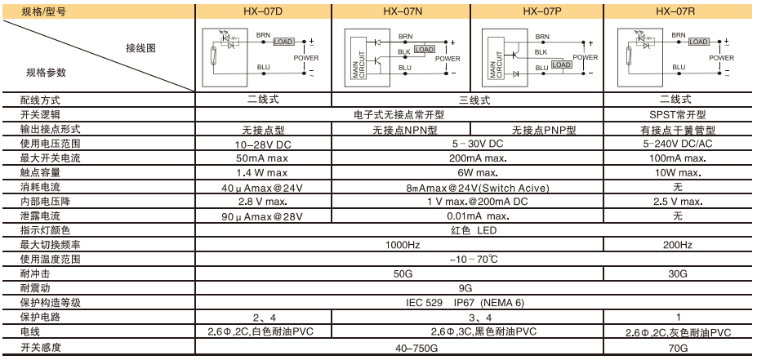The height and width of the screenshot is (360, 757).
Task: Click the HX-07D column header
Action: pos(263,11)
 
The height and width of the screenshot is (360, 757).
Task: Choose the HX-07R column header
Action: pos(677,11)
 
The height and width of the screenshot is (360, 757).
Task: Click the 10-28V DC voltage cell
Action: pos(263,144)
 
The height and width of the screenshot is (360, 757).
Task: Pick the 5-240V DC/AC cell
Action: pos(677,144)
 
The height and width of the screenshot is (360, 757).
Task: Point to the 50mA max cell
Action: pos(263,158)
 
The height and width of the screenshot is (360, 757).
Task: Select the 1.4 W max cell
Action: pos(263,173)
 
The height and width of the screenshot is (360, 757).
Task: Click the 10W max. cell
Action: pos(677,173)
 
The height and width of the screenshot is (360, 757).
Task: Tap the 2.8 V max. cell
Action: pos(263,202)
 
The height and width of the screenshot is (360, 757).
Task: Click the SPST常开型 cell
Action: pos(677,115)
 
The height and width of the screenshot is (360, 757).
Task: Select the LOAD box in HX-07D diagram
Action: pos(283,42)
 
